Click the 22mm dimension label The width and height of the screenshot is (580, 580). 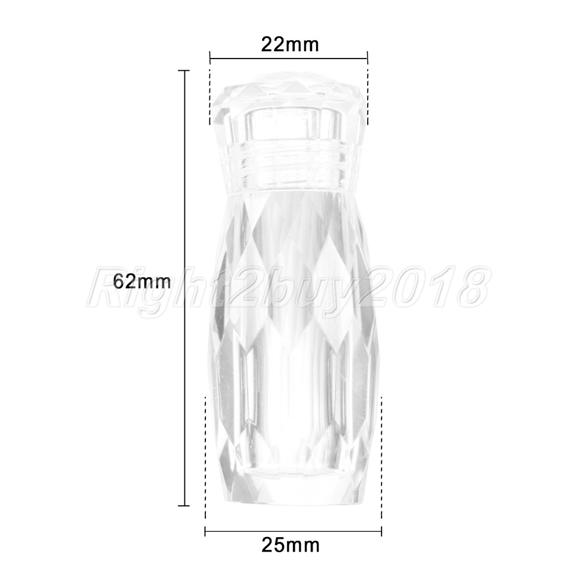tap(289, 45)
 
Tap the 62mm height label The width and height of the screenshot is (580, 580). tap(142, 281)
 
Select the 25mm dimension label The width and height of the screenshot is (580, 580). tap(291, 545)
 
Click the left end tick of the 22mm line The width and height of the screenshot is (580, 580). tap(210, 58)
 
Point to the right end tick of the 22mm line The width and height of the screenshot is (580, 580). tap(367, 58)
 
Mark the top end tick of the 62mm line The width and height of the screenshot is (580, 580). tap(184, 70)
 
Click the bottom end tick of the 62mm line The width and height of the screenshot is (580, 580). tap(184, 505)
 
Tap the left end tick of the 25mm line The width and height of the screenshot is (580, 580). tap(205, 532)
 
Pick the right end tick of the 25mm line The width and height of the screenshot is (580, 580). tap(382, 532)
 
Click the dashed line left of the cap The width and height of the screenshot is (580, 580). tap(210, 97)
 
